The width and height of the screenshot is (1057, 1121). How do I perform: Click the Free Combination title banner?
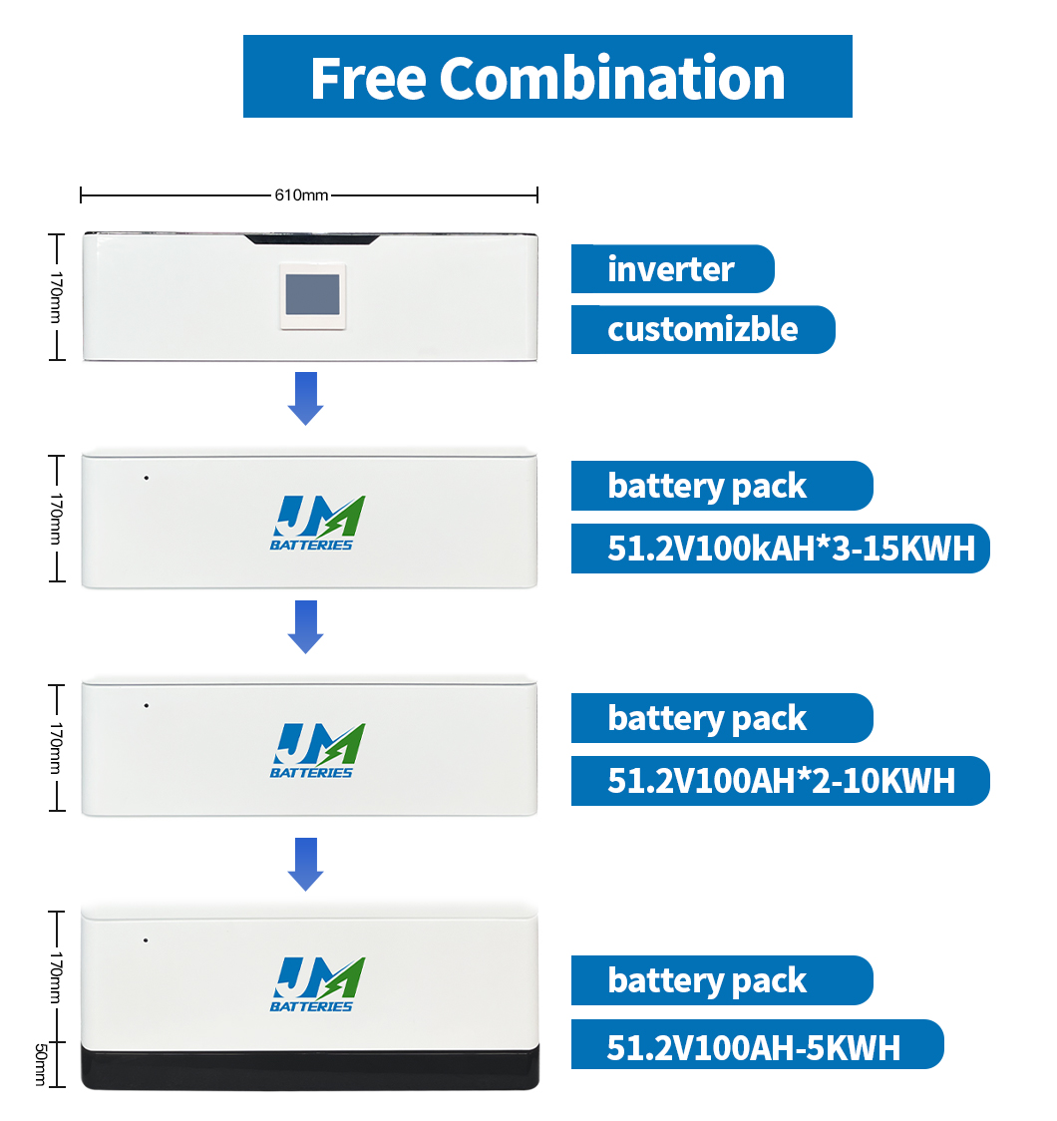pyautogui.click(x=547, y=77)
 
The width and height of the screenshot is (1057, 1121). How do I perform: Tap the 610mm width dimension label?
pyautogui.click(x=301, y=194)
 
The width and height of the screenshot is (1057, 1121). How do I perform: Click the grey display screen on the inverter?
pyautogui.click(x=312, y=294)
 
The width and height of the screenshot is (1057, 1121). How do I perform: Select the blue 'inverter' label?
pyautogui.click(x=672, y=269)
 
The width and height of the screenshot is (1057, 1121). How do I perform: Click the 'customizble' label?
pyautogui.click(x=703, y=329)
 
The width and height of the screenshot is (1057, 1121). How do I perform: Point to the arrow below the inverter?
pyautogui.click(x=306, y=398)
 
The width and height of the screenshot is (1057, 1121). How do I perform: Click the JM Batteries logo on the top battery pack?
pyautogui.click(x=316, y=523)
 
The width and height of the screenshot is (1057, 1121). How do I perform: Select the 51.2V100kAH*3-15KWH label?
pyautogui.click(x=781, y=549)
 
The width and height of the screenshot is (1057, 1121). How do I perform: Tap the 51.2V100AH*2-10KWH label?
pyautogui.click(x=781, y=781)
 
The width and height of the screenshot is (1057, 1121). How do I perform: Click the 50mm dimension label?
pyautogui.click(x=41, y=1064)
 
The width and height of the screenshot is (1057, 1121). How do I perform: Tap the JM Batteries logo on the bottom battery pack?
pyautogui.click(x=316, y=984)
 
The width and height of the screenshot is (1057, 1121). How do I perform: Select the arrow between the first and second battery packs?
pyautogui.click(x=306, y=627)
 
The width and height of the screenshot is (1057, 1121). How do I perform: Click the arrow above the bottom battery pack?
pyautogui.click(x=306, y=865)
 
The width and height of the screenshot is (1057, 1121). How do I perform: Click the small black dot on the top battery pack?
pyautogui.click(x=147, y=478)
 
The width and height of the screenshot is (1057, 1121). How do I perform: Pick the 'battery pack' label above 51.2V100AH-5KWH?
pyautogui.click(x=722, y=980)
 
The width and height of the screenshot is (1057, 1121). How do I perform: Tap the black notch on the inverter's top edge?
pyautogui.click(x=311, y=239)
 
